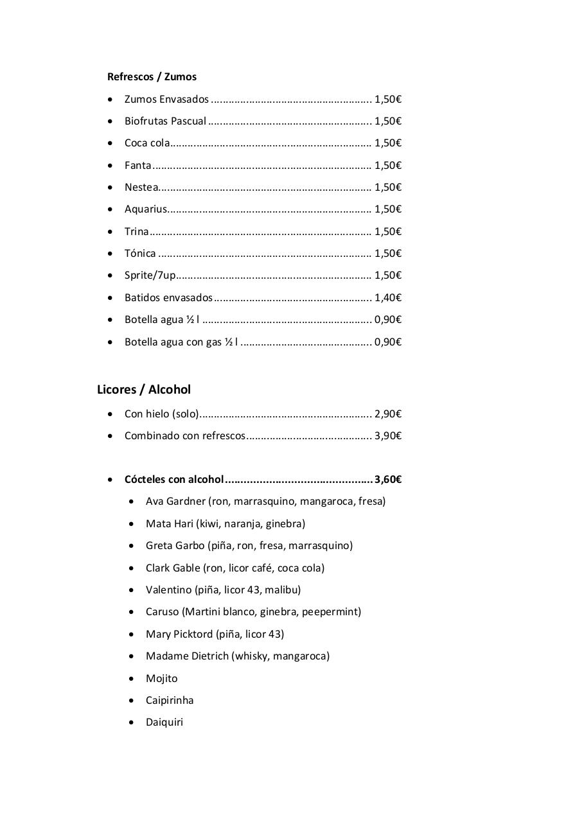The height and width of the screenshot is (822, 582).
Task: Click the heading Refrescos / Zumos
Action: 152,76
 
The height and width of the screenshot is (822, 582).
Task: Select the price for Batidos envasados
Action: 388,297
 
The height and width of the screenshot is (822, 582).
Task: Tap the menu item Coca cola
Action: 147,143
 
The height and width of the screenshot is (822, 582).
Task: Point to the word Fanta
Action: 138,165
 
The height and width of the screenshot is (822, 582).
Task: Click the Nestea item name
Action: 141,187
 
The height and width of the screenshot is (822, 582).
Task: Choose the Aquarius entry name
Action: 146,209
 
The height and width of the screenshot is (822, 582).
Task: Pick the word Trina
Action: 136,231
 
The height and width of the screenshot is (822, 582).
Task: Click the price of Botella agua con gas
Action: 388,342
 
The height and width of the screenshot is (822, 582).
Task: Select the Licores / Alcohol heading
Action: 144,389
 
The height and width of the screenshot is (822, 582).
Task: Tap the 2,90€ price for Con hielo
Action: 388,414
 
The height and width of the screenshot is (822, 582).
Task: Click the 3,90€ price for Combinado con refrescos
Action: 388,435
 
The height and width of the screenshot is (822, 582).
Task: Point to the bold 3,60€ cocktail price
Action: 388,479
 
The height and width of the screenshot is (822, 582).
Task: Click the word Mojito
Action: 162,678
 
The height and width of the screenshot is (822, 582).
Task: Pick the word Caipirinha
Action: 170,700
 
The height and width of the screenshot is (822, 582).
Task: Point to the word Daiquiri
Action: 164,722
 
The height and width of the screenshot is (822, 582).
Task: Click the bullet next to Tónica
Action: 112,253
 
